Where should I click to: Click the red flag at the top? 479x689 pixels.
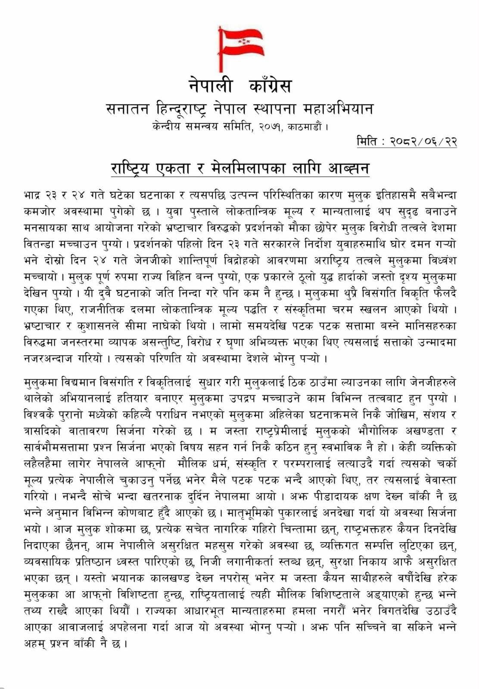240,41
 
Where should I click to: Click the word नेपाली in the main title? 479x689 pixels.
211,85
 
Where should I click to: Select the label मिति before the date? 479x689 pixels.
369,141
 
